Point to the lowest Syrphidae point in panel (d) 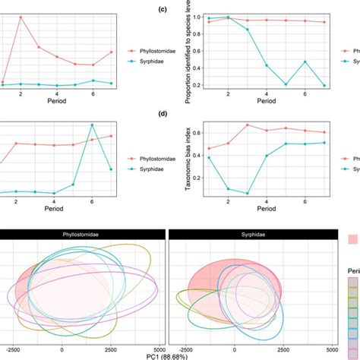coord(248,194)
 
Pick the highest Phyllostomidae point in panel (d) coord(248,125)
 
